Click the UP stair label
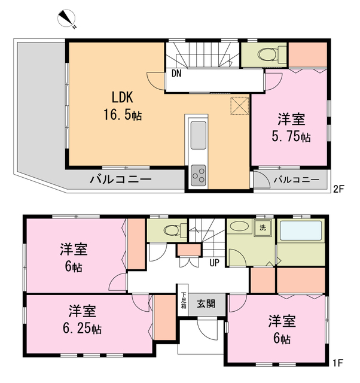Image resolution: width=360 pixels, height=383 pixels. point(213,262)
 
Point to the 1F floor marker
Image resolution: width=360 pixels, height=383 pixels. point(339,362)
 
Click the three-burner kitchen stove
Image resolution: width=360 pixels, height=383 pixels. point(198,176)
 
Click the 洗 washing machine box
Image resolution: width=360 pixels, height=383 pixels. point(263,227)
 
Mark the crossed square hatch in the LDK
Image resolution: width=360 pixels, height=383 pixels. point(240,105)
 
